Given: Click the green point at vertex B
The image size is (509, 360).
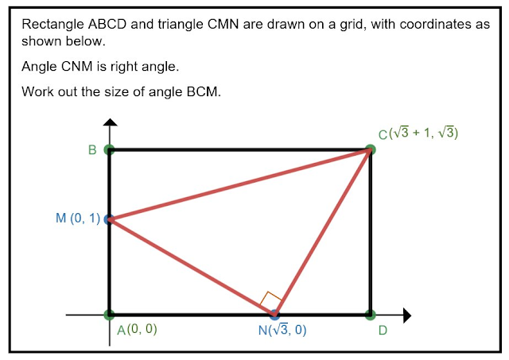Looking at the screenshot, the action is (110, 149).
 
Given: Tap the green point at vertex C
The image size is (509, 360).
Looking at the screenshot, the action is (370, 149).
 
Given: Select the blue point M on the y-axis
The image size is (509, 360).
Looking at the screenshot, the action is (110, 219).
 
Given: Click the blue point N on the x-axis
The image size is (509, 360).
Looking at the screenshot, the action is (274, 315).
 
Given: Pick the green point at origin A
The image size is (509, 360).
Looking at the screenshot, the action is (110, 315).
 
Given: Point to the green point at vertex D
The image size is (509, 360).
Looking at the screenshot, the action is (370, 315).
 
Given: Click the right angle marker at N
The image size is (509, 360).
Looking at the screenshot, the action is (270, 300).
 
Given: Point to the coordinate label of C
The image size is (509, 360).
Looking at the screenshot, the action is (418, 134).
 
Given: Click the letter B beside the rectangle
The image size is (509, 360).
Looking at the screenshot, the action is (93, 150).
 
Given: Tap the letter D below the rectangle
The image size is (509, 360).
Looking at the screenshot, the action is (383, 331).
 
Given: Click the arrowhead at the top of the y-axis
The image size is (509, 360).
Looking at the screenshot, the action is (111, 122).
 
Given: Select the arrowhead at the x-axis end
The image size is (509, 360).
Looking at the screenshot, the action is (406, 315).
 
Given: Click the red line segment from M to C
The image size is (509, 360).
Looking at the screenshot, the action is (239, 184).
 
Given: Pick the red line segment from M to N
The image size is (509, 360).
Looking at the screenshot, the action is (191, 266).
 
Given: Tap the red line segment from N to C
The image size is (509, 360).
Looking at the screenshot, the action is (322, 232).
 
